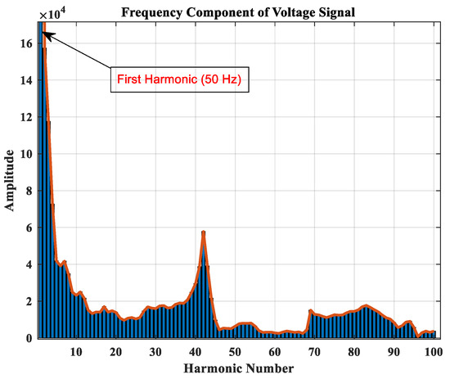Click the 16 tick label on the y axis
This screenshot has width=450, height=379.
[26, 43]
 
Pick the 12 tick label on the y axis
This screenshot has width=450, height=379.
[26, 117]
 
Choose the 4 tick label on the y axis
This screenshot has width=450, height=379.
[29, 264]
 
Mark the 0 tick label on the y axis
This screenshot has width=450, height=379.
[29, 338]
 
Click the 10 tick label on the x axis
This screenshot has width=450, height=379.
[76, 351]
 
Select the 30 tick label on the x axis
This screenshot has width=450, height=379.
[155, 351]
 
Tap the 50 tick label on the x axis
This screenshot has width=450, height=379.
[235, 351]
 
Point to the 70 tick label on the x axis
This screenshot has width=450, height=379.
[314, 351]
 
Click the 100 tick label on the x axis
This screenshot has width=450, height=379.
[434, 351]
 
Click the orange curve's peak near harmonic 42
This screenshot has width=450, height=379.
[203, 232]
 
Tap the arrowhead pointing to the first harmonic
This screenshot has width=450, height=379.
[43, 34]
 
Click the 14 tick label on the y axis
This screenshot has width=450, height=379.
[26, 80]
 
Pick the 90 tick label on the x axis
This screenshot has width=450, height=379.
[394, 351]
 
